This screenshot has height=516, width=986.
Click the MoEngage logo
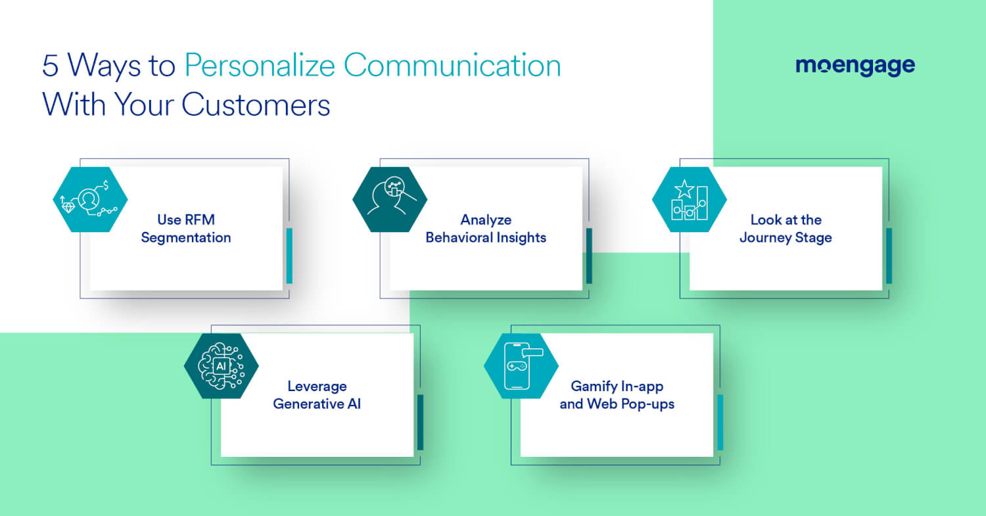click(855, 66)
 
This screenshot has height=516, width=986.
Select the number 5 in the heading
click(50, 67)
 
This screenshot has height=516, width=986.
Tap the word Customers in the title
click(256, 105)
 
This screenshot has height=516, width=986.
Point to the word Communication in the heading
click(452, 67)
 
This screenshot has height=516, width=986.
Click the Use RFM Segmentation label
click(186, 229)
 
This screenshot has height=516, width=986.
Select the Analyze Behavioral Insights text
click(486, 229)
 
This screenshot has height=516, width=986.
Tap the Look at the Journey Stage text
click(786, 229)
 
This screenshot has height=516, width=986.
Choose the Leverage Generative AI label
click(317, 395)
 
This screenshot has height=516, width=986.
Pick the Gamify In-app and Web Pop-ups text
click(617, 395)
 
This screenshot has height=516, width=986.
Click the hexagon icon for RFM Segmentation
click(90, 199)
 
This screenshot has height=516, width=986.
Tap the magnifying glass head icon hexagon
click(390, 199)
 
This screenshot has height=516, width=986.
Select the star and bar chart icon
click(689, 199)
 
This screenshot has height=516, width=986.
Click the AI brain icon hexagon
click(221, 365)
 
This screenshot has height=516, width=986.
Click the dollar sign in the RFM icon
click(105, 185)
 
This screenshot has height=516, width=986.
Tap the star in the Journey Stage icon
click(684, 189)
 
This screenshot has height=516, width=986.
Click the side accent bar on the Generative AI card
click(420, 422)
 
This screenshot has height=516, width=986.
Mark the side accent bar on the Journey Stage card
click(889, 256)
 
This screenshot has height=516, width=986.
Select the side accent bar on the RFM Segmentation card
click(289, 256)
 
